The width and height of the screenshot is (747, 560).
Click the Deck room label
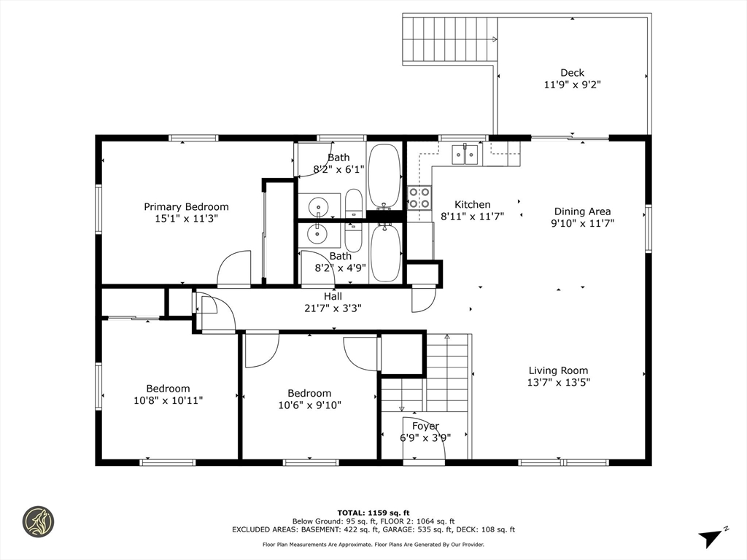coord(572,72)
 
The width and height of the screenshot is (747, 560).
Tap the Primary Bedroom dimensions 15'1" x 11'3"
coord(186,218)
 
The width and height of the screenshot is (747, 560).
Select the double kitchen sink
coord(465,154)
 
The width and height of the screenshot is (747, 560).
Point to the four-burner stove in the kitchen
coord(419,198)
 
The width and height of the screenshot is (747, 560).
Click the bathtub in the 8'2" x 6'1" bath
coord(384,175)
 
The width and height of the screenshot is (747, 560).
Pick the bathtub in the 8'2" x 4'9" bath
coord(385,253)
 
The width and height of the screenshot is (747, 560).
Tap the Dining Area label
coord(582,211)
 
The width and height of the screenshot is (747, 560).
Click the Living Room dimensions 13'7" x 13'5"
coord(558,382)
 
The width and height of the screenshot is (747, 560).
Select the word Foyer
coord(425,426)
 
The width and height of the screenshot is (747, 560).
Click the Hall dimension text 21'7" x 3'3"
coord(333,308)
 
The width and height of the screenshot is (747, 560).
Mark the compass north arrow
coord(712,537)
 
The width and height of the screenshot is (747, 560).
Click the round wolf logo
coord(38,522)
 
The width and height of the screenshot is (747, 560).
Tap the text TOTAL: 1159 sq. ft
coord(373,512)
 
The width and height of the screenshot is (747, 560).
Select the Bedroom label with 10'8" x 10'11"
coord(168,389)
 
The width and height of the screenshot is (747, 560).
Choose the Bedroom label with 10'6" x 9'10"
coord(309,393)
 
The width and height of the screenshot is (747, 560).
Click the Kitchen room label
coord(473,204)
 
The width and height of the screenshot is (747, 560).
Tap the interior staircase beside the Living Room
coord(447,372)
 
